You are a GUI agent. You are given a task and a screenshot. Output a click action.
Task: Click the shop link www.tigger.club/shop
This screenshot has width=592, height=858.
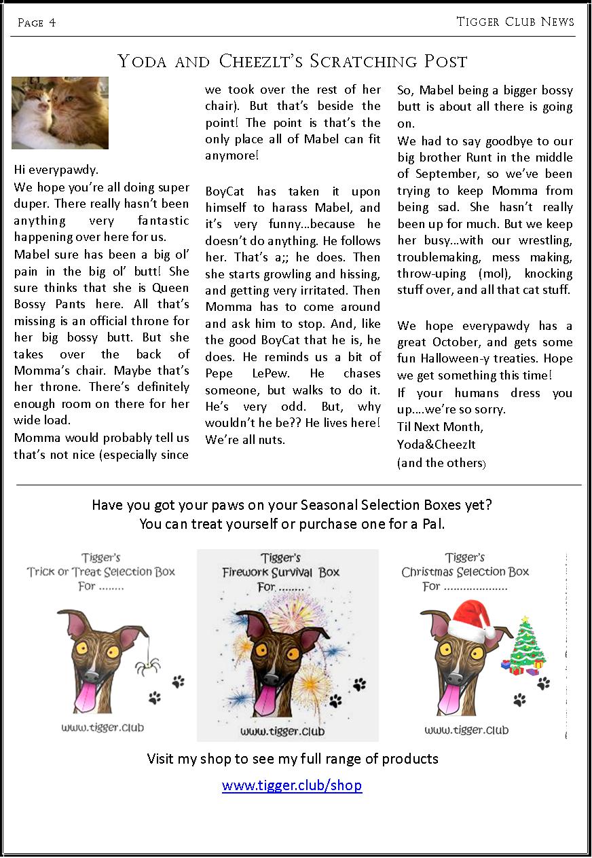tap(292, 785)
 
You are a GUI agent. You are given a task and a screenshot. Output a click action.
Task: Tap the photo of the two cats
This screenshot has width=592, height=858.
tap(60, 113)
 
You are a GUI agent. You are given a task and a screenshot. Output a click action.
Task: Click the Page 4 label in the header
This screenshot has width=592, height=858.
tap(37, 23)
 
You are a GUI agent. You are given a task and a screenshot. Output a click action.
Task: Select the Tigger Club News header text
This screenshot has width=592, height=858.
tap(515, 22)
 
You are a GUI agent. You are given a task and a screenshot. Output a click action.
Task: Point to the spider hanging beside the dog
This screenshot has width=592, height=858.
tap(144, 665)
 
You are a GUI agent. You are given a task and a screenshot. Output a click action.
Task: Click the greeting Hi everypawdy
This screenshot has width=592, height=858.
tap(56, 170)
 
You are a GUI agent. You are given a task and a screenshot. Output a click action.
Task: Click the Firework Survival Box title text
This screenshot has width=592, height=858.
tap(280, 572)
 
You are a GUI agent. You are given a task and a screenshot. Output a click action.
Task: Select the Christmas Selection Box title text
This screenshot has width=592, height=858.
tap(465, 572)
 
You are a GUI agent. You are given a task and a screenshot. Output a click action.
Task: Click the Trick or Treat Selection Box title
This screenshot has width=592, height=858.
tap(101, 572)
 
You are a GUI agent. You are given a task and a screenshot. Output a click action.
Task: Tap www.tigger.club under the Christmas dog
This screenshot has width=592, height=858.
tap(466, 730)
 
